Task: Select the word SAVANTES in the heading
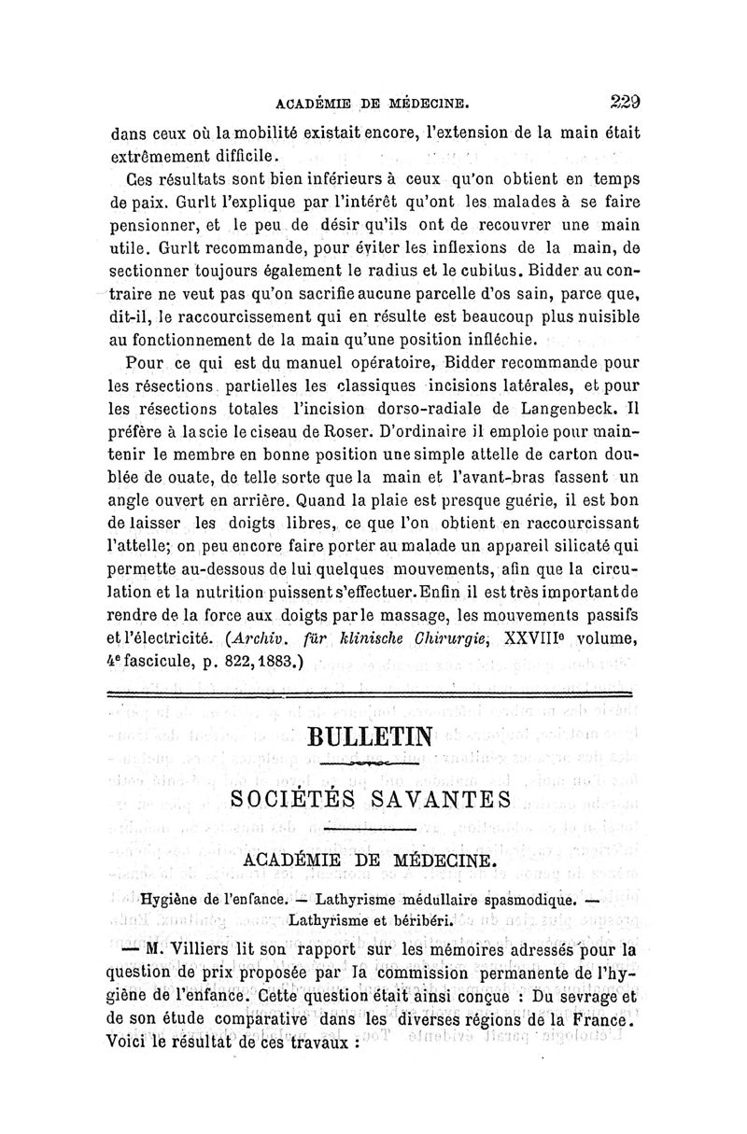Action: coord(435,799)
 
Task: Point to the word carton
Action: coord(554,455)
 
